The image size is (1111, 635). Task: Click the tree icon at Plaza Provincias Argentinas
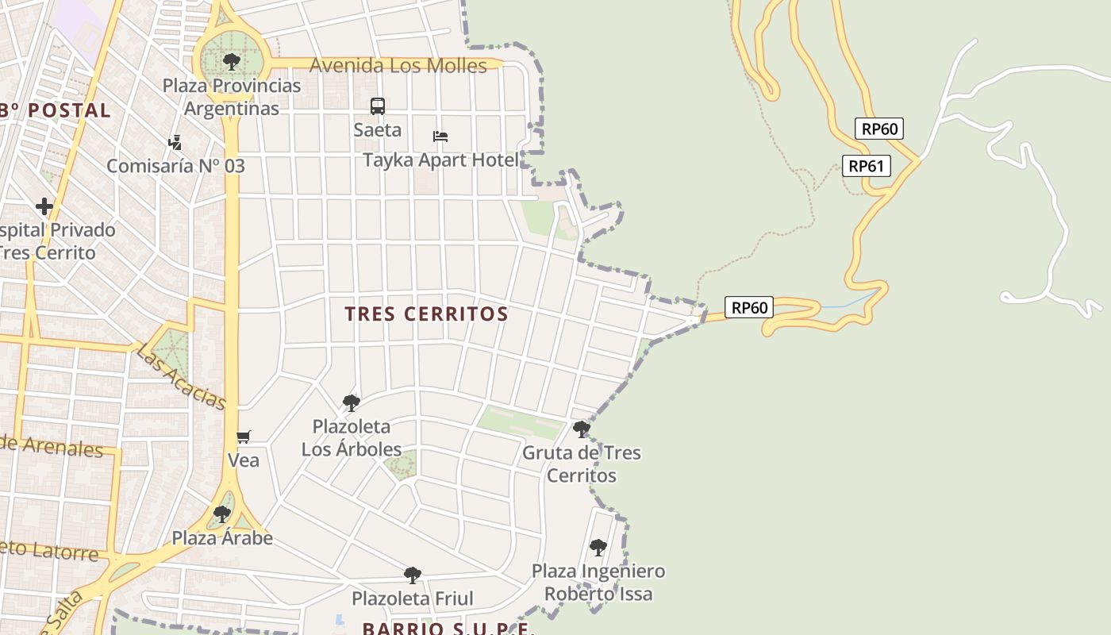click(x=231, y=61)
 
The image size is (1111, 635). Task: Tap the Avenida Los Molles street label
click(x=398, y=65)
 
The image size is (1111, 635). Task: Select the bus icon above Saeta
click(x=378, y=106)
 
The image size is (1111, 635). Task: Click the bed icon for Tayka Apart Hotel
click(x=440, y=137)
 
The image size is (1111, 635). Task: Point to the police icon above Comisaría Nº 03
click(x=175, y=143)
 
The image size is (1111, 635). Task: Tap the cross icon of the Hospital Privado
click(x=44, y=206)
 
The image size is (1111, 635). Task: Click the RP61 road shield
click(x=868, y=166)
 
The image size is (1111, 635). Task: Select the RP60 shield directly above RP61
click(x=879, y=129)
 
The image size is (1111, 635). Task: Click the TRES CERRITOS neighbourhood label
click(x=426, y=314)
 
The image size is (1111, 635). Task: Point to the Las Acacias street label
click(x=181, y=376)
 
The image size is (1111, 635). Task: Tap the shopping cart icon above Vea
click(x=244, y=437)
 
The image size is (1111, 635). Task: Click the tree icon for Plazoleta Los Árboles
click(x=351, y=403)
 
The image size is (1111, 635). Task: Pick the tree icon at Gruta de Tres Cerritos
click(x=582, y=429)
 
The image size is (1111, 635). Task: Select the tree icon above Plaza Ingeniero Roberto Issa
click(x=598, y=547)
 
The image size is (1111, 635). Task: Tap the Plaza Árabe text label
click(x=222, y=538)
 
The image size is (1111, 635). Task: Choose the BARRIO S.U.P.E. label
click(x=448, y=628)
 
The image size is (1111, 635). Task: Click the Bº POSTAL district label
click(x=56, y=110)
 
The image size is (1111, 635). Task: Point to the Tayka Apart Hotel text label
click(x=440, y=160)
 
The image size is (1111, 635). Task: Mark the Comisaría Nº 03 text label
click(x=175, y=166)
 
